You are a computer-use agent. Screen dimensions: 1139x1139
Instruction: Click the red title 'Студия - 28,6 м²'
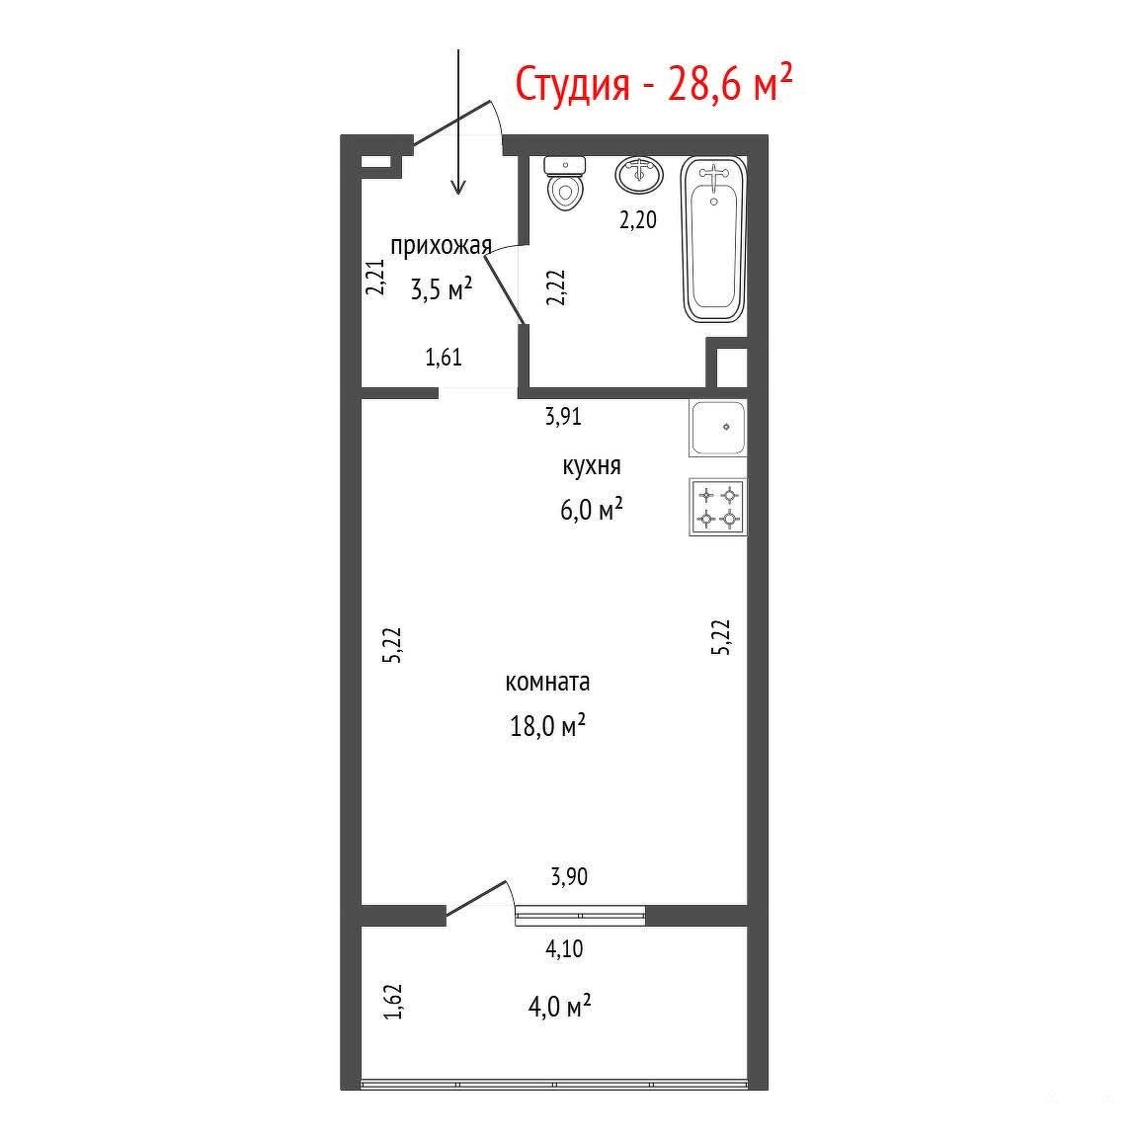pyautogui.click(x=653, y=84)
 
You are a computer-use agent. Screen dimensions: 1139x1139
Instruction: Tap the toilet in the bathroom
pyautogui.click(x=565, y=183)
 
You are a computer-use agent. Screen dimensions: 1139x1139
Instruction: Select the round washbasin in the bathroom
pyautogui.click(x=639, y=174)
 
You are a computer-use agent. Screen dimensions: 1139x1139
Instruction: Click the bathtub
pyautogui.click(x=714, y=240)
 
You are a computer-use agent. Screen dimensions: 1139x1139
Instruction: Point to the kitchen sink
pyautogui.click(x=718, y=428)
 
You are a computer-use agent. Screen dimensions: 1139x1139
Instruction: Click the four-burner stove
pyautogui.click(x=718, y=508)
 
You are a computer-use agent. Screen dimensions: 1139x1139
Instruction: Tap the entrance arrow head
pyautogui.click(x=457, y=188)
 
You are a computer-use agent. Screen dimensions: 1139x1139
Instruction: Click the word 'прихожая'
pyautogui.click(x=442, y=246)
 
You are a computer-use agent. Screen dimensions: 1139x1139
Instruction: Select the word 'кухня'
pyautogui.click(x=592, y=465)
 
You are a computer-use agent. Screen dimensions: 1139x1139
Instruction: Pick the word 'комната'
pyautogui.click(x=547, y=682)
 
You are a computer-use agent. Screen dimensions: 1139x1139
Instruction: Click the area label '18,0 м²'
pyautogui.click(x=547, y=726)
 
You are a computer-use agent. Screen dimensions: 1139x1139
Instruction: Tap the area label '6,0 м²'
pyautogui.click(x=592, y=509)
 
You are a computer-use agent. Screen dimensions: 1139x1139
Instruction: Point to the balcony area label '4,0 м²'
pyautogui.click(x=559, y=1007)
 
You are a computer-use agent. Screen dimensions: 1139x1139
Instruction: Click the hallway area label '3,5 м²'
pyautogui.click(x=442, y=288)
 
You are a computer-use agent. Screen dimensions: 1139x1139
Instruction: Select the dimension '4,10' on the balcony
pyautogui.click(x=564, y=948)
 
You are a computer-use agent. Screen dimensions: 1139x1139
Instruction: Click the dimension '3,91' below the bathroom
pyautogui.click(x=564, y=416)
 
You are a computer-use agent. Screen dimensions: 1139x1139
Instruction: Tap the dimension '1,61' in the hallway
pyautogui.click(x=444, y=358)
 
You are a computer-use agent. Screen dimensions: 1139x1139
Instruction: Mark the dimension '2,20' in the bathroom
pyautogui.click(x=638, y=219)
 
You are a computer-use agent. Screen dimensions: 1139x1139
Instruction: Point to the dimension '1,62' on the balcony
pyautogui.click(x=393, y=1001)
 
